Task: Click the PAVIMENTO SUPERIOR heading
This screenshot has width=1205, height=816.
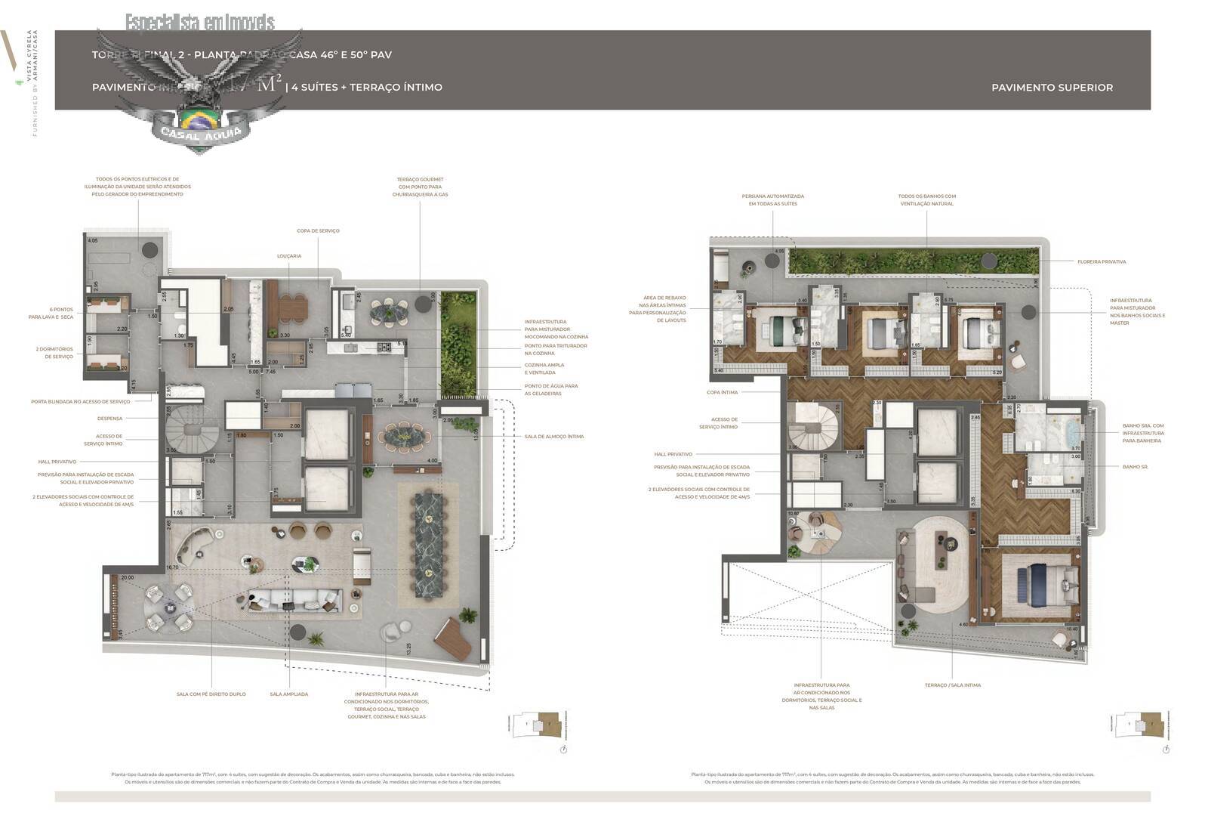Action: click(1051, 88)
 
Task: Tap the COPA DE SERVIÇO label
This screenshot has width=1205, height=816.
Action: click(318, 230)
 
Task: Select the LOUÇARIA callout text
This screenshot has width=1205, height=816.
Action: click(289, 256)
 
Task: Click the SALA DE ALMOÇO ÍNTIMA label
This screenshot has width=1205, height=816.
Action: click(553, 437)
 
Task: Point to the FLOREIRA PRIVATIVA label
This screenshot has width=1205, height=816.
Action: click(1101, 262)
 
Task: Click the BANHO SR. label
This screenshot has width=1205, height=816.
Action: click(1135, 467)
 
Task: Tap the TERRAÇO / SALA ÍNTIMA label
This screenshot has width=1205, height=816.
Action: click(952, 685)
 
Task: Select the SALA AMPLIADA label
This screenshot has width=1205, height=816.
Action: click(289, 694)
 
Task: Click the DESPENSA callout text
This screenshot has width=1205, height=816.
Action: click(109, 419)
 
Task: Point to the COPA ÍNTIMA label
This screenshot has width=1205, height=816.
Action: click(722, 393)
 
